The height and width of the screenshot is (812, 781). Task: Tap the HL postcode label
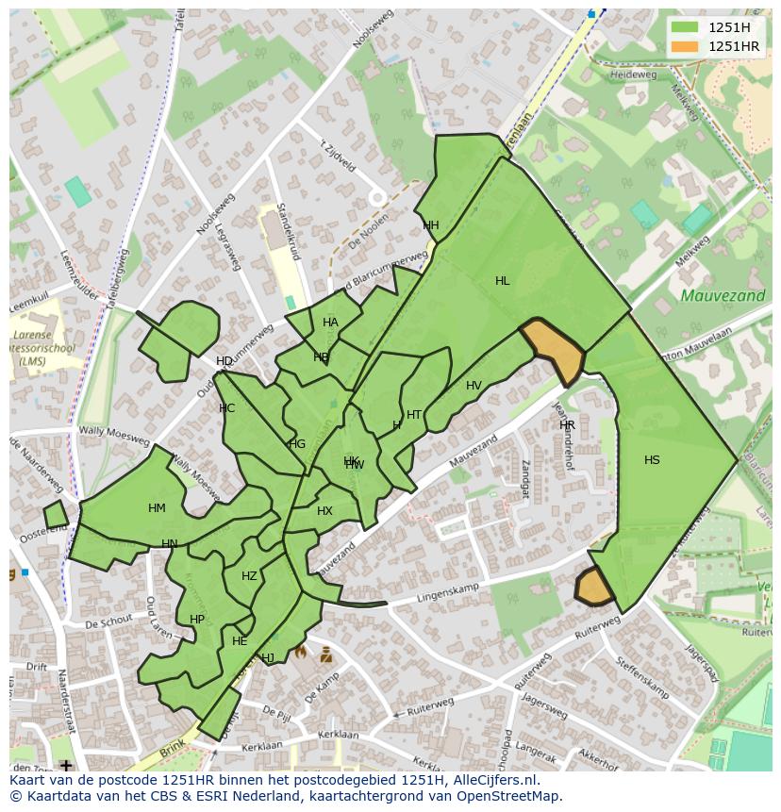point(502,281)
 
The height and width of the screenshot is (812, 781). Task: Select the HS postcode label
point(652,460)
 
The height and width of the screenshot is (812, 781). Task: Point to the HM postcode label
point(157,508)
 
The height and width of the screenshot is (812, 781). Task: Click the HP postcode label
point(196,620)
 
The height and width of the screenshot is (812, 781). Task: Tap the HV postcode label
point(474,386)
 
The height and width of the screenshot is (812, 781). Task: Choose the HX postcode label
point(324,511)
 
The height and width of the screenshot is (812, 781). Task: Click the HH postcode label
point(431,225)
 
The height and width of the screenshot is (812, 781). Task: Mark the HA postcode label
point(330,323)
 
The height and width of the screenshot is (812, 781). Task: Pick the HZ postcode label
point(249,576)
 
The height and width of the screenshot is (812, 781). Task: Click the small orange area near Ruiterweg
point(593,587)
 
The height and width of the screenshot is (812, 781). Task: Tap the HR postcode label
point(567,425)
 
